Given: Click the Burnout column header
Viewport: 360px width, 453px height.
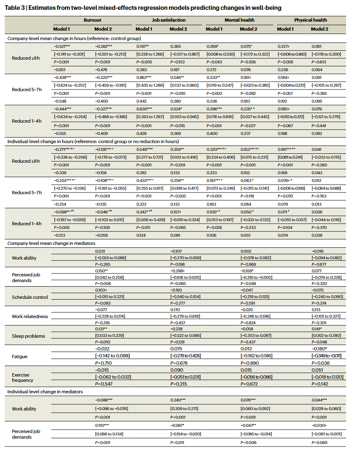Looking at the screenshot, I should pos(92,20).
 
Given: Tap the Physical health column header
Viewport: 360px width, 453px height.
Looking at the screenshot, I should pos(310,20).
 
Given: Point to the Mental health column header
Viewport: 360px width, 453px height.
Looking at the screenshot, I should pos(239,20).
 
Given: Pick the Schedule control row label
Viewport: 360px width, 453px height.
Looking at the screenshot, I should pos(30,297).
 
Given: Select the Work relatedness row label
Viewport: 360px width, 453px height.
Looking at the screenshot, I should pos(30,316).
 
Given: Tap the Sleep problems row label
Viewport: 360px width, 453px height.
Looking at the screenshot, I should pos(28,336).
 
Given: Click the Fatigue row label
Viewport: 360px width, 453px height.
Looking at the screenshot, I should pos(20,357).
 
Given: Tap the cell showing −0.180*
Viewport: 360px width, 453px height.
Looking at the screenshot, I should pos(320,348).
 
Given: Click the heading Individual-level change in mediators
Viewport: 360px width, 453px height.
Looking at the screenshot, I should pos(45,392).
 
